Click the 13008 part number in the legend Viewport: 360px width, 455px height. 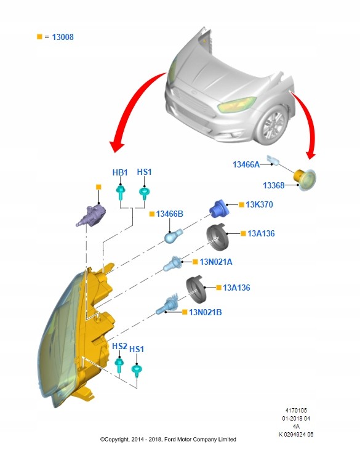63,37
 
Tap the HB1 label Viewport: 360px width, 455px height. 120,172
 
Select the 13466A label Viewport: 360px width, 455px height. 246,164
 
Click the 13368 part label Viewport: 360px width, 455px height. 274,185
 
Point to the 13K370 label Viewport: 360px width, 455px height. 259,204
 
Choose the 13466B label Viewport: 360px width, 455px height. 170,214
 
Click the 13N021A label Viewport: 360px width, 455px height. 216,262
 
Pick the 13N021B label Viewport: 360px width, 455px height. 206,312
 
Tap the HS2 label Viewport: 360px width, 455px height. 119,346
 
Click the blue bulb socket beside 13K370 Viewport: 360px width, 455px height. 220,209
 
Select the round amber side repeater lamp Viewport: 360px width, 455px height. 305,179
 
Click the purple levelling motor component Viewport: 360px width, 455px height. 90,215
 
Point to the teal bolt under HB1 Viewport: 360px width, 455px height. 121,193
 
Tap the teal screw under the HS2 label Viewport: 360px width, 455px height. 119,364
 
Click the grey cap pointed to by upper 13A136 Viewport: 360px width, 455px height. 218,237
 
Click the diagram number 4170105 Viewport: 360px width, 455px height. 296,410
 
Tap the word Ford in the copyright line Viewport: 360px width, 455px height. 170,440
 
